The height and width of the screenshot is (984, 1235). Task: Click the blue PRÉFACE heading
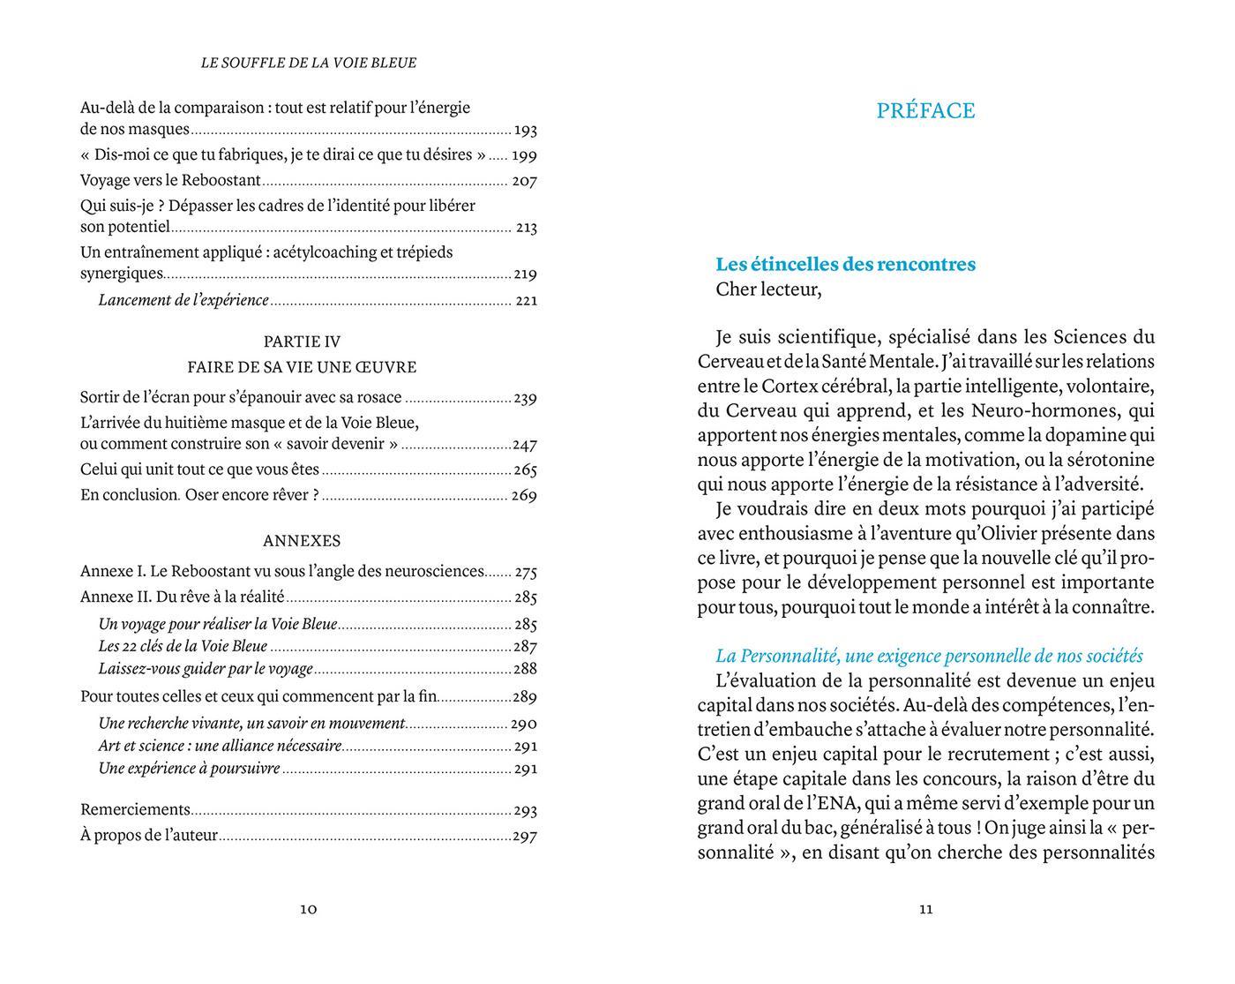(x=925, y=111)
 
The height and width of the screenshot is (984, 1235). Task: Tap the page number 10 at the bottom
(x=308, y=909)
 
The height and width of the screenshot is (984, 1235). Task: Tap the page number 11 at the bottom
(x=925, y=909)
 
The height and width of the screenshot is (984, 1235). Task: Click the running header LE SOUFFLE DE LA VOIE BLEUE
(x=309, y=64)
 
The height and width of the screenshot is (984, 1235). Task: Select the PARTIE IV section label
(x=302, y=342)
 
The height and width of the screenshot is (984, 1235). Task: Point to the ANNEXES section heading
(x=302, y=541)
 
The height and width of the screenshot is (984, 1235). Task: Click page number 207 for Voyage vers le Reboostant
(x=524, y=181)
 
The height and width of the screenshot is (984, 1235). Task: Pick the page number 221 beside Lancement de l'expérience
(x=526, y=300)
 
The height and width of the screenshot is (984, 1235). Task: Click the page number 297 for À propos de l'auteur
(x=525, y=836)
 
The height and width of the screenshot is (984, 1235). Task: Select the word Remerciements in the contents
(x=135, y=809)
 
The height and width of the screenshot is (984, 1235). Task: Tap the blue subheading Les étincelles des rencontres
(x=845, y=265)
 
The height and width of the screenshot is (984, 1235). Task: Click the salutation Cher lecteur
(x=767, y=289)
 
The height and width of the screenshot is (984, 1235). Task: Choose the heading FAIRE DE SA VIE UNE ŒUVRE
(x=302, y=367)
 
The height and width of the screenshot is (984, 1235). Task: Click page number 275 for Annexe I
(x=526, y=572)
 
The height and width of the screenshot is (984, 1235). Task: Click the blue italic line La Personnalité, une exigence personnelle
(x=929, y=657)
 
